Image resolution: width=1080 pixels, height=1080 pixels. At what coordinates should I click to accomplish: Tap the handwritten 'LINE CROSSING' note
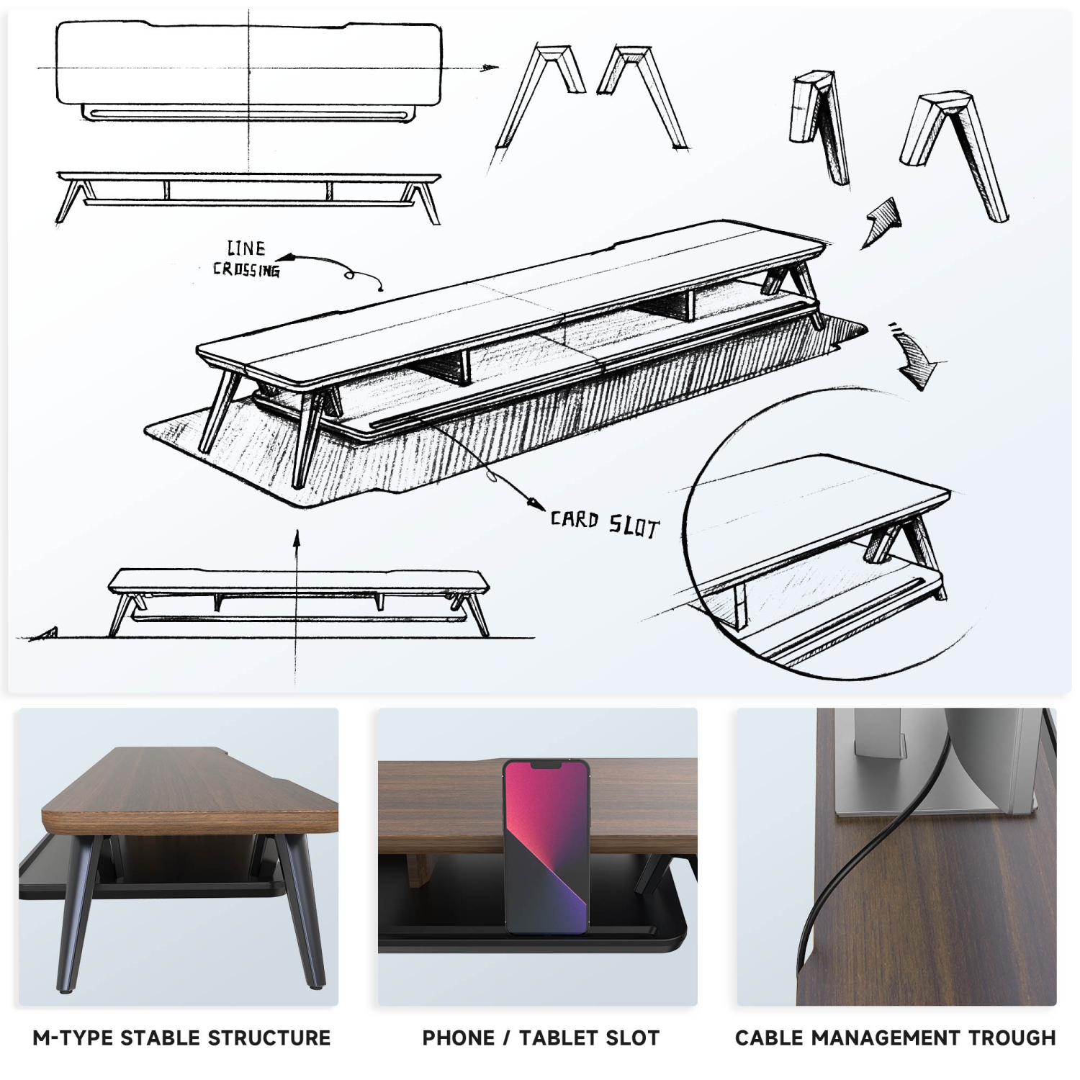[246, 259]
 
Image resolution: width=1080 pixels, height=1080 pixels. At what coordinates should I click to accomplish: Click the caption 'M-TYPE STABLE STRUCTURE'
[181, 1038]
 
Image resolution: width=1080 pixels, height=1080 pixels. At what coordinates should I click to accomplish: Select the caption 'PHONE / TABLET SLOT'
[541, 1038]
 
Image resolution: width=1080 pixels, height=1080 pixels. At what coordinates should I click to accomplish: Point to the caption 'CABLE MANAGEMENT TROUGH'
[895, 1038]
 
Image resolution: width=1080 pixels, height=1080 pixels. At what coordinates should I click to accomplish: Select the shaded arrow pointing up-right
[883, 222]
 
